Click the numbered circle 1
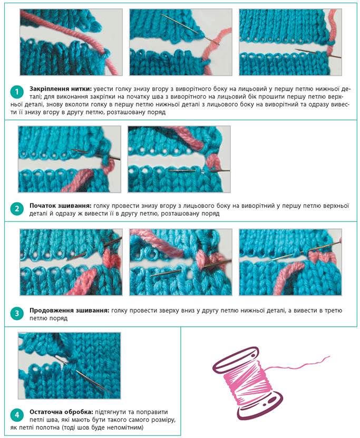(16, 92)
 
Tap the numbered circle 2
(16, 209)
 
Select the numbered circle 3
(16, 314)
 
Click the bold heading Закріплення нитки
(61, 89)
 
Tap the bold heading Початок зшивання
(60, 206)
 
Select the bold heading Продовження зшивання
(69, 310)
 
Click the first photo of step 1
(71, 42)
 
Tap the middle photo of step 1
(181, 42)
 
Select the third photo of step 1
(290, 42)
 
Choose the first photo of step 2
(70, 159)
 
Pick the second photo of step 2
(179, 159)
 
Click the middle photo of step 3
(181, 262)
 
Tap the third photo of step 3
(290, 262)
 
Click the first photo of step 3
(71, 262)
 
